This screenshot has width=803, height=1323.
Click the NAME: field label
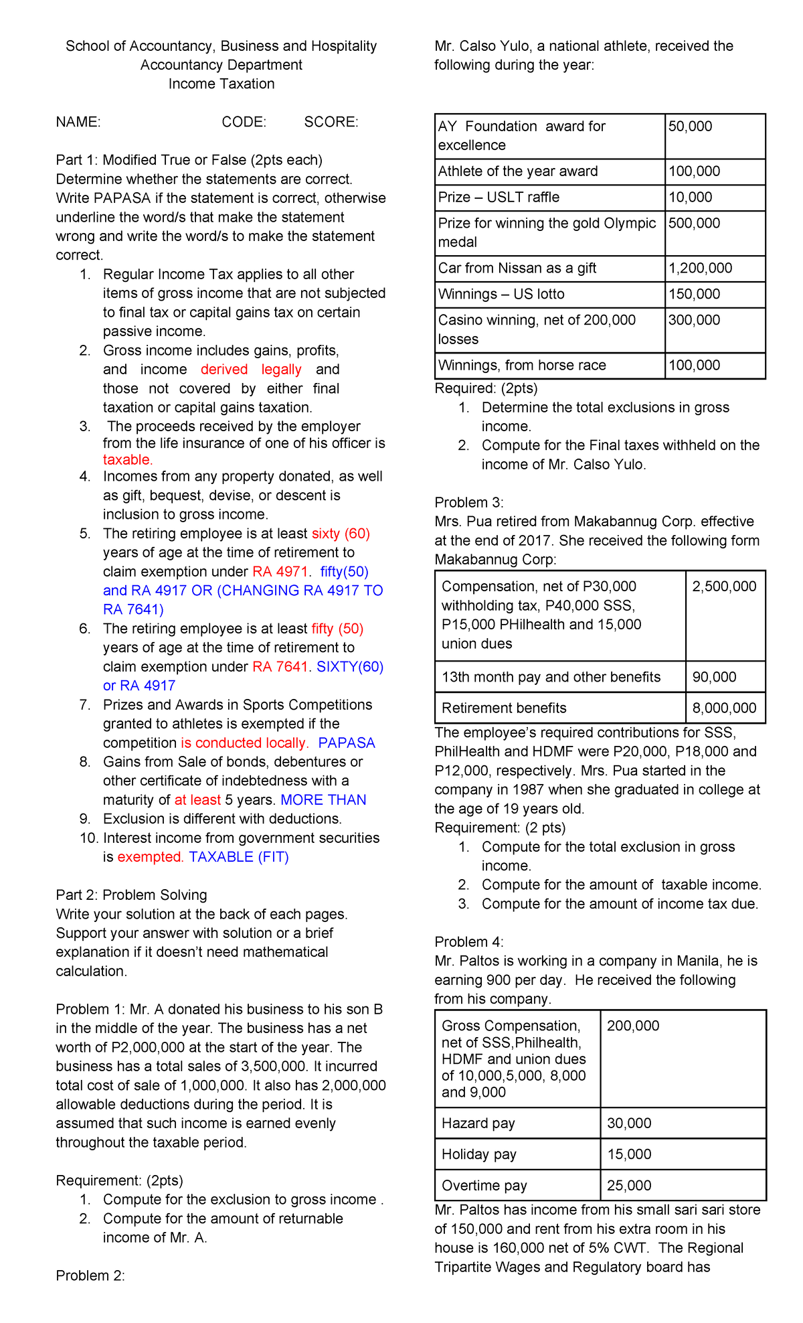tap(78, 122)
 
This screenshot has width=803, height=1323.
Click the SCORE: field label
tap(331, 122)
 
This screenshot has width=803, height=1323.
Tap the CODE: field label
tap(244, 122)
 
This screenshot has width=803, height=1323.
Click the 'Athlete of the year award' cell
tap(518, 171)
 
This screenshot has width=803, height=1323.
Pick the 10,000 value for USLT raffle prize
tap(690, 198)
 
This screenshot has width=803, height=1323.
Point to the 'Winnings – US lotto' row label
tap(501, 295)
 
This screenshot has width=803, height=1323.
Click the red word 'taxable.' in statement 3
tap(128, 460)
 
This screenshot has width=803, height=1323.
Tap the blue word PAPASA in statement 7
tap(347, 743)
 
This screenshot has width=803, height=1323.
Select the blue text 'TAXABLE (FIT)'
tap(239, 857)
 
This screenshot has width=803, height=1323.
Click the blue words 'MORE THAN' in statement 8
tap(323, 800)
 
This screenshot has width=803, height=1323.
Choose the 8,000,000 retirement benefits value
tap(724, 708)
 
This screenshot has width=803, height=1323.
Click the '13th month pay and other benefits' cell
tap(551, 677)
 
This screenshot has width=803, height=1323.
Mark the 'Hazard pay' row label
tap(478, 1123)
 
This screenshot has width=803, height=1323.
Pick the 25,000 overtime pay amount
tap(629, 1186)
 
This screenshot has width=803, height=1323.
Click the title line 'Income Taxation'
tap(221, 84)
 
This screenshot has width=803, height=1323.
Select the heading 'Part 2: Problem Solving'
tap(131, 895)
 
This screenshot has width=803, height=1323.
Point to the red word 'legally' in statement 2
tap(281, 370)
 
